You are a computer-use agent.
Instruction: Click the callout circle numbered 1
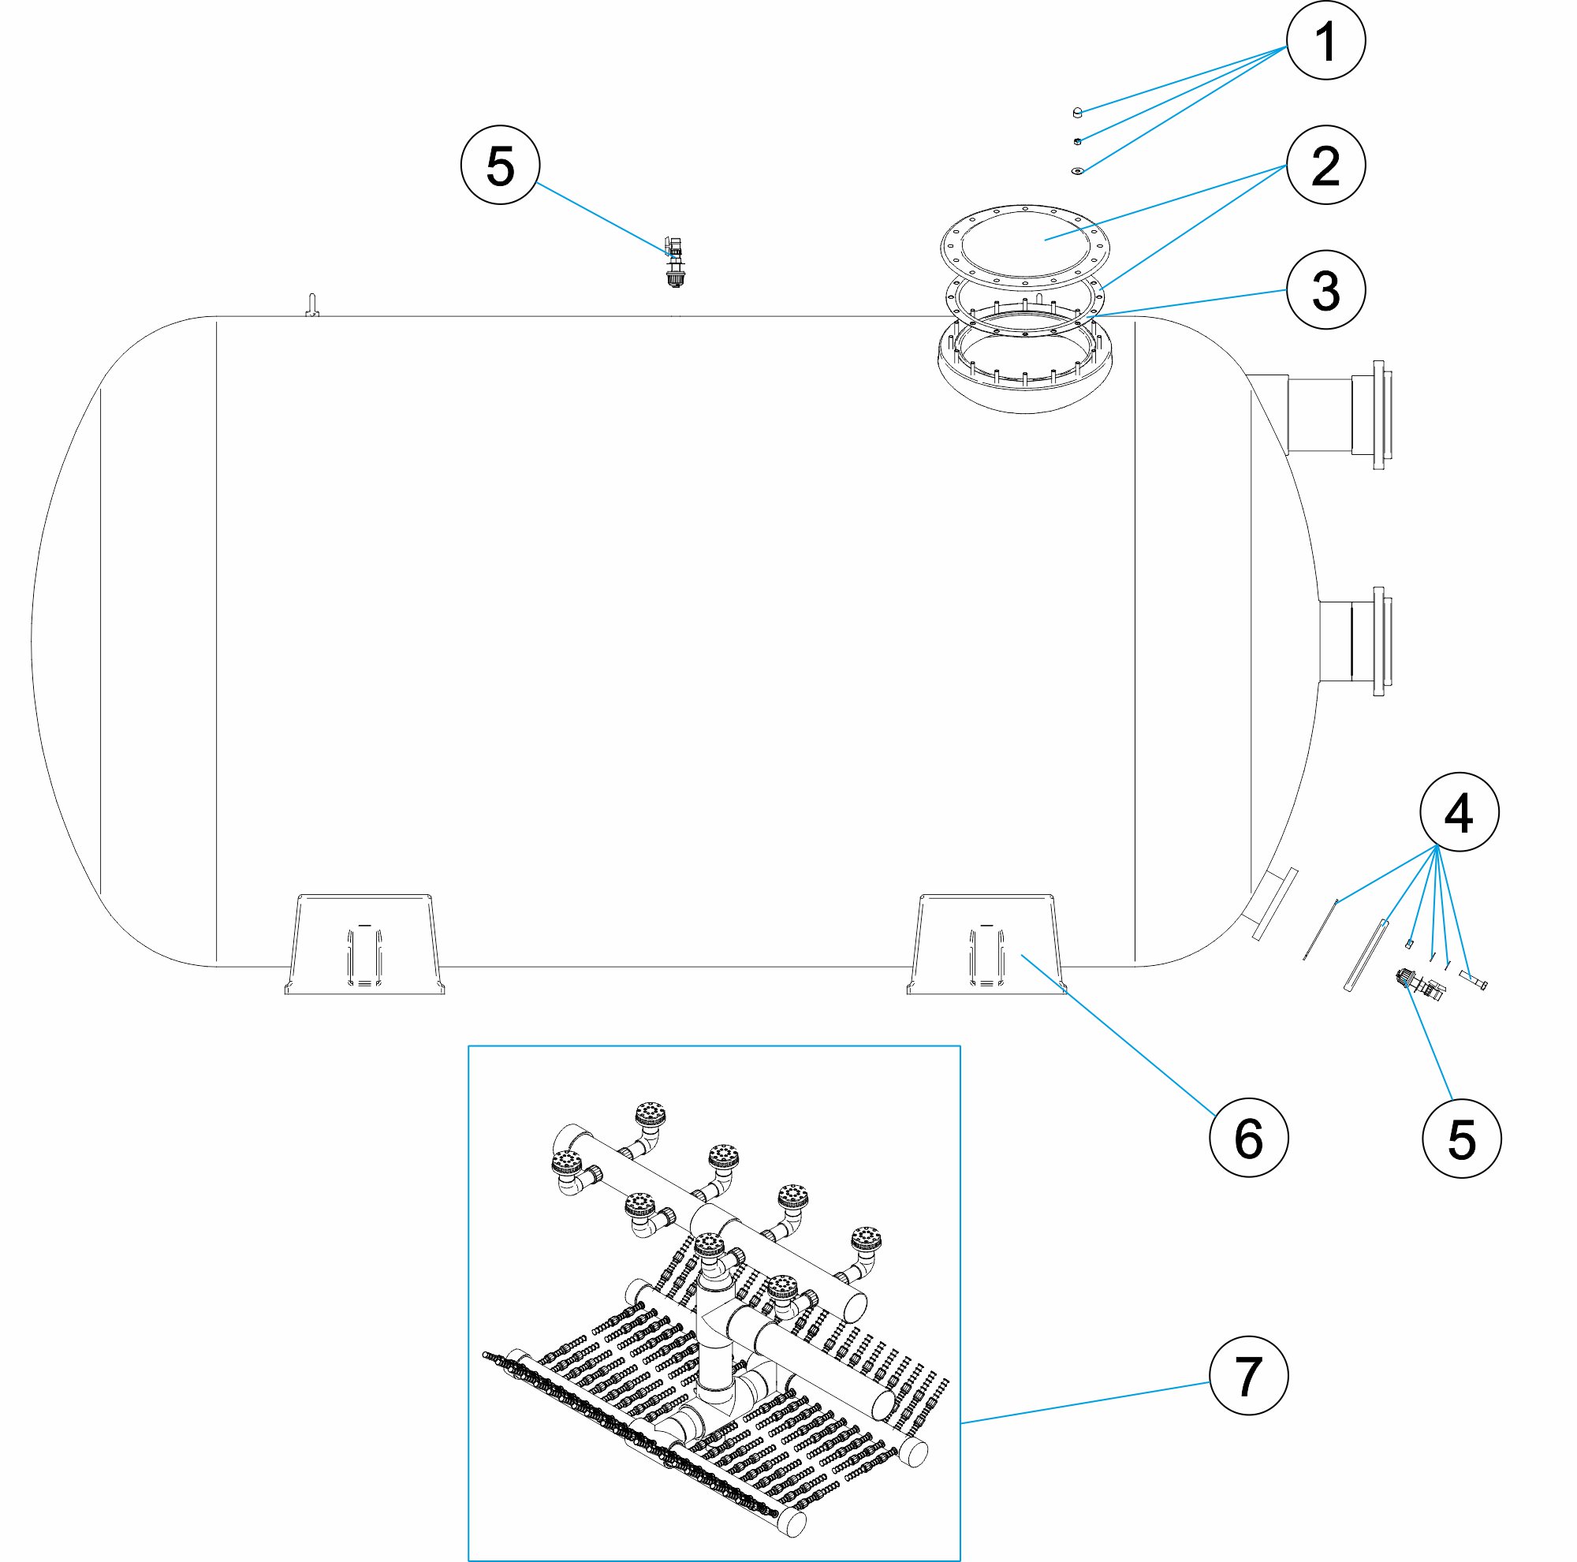click(x=1325, y=40)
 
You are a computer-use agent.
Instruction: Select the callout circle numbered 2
click(x=1325, y=165)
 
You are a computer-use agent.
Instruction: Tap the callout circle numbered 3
click(x=1325, y=289)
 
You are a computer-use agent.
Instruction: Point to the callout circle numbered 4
click(x=1459, y=812)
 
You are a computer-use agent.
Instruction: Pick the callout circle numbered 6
click(x=1248, y=1137)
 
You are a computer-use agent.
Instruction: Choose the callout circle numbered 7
click(x=1248, y=1375)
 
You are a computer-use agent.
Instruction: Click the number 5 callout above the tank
click(x=500, y=165)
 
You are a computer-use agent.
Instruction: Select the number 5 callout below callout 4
click(x=1461, y=1139)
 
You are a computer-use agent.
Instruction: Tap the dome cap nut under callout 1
click(x=1077, y=112)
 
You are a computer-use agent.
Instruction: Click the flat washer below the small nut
click(x=1077, y=170)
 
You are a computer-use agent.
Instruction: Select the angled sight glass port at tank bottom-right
click(x=1269, y=904)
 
